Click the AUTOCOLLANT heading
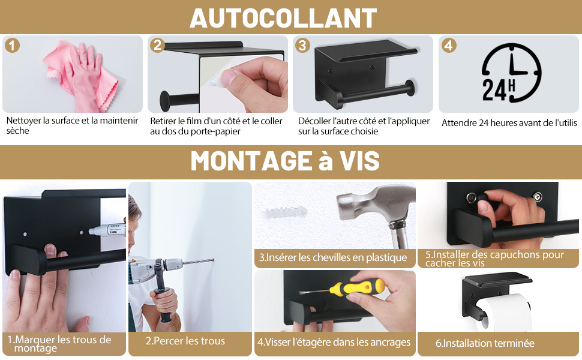coord(283,18)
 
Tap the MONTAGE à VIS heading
coord(285,161)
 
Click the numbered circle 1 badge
coord(12,45)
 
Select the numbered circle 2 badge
coord(157,45)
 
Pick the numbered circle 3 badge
coord(302,45)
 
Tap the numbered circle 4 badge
coord(449,45)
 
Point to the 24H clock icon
coord(511,73)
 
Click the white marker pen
coord(107,230)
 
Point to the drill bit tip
coord(214,260)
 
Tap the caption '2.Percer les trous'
coord(185,341)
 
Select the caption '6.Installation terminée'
coord(485,343)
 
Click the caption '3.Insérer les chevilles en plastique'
coord(333,257)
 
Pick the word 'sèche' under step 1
coord(17,131)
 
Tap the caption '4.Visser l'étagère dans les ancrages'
coord(334,342)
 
